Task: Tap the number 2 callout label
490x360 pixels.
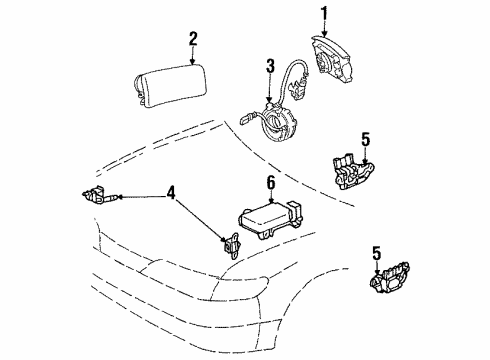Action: (193, 40)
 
